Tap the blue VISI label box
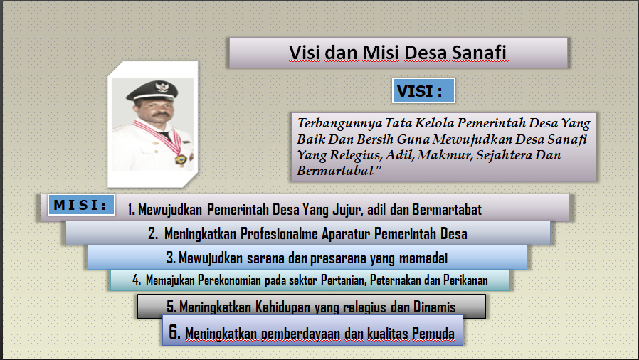coord(423,90)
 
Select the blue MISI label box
coord(81,204)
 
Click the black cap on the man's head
coord(152,90)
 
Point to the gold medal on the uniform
coord(181,159)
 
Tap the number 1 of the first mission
coord(130,209)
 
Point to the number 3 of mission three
coord(171,258)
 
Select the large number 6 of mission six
coord(175,332)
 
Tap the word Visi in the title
coord(305,53)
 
